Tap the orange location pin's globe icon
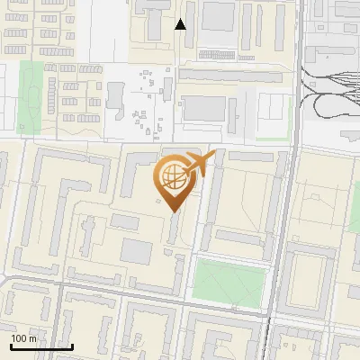click(173, 177)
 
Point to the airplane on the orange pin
click(201, 165)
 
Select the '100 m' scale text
click(23, 338)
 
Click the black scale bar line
click(41, 346)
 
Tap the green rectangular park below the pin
click(230, 281)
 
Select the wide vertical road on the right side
click(281, 225)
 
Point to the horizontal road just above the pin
click(135, 142)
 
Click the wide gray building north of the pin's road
click(207, 109)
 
